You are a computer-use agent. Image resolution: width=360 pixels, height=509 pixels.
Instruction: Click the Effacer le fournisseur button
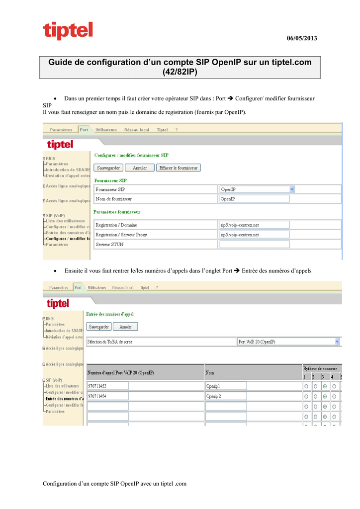point(179,168)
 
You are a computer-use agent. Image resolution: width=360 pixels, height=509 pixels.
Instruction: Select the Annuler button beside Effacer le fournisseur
point(140,168)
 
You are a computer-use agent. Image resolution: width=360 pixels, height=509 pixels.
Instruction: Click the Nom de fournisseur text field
point(254,199)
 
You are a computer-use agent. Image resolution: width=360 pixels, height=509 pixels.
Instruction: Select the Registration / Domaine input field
point(254,225)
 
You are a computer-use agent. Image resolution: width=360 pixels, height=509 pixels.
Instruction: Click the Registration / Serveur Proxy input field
point(254,235)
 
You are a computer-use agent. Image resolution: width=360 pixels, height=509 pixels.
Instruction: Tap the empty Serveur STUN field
point(254,245)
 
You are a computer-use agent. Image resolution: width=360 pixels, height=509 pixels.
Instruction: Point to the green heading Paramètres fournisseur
point(117,212)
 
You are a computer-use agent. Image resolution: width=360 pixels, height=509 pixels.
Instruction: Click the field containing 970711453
point(107,386)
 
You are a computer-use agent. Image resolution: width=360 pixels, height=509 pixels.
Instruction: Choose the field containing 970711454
point(107,396)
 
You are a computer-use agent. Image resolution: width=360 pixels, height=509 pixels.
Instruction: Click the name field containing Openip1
point(226,386)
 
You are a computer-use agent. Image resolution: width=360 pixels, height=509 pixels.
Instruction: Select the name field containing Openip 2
point(226,396)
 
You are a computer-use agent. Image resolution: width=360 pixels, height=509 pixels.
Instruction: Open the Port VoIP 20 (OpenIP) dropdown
point(288,341)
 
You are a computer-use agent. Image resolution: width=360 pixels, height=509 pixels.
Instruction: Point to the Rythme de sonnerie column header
point(320,368)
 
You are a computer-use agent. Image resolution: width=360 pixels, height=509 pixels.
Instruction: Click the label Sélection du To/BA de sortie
point(110,342)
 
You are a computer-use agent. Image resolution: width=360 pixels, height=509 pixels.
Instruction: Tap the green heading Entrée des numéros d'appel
point(110,314)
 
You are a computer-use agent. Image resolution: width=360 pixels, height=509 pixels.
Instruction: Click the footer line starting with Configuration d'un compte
point(115,484)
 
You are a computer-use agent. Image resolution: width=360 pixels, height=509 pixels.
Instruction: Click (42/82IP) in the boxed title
point(180,72)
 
